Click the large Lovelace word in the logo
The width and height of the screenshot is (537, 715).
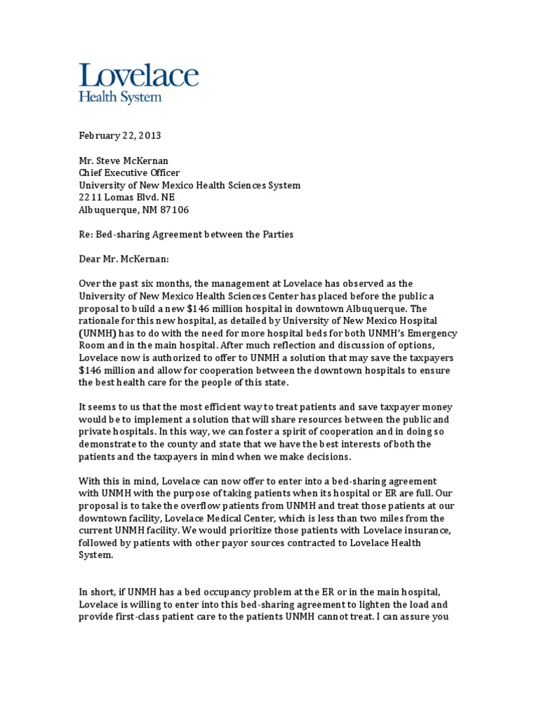coord(138,77)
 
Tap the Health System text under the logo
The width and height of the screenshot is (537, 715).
coord(120,97)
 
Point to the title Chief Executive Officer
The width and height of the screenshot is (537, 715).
coord(129,172)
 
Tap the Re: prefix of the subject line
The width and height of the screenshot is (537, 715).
coord(85,235)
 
